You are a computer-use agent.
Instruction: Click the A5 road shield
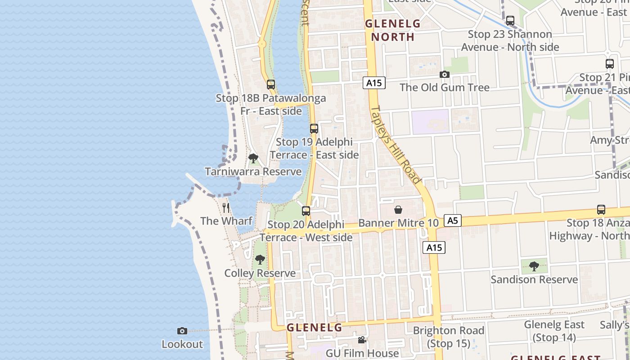tap(452, 220)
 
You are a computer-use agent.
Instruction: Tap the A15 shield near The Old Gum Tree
tap(373, 83)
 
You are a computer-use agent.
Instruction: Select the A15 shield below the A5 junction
tap(434, 247)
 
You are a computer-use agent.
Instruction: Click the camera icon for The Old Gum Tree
tap(445, 74)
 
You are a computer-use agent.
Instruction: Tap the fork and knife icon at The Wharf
tap(226, 207)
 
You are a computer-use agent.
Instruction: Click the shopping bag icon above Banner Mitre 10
tap(398, 210)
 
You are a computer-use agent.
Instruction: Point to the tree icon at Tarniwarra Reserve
tap(253, 158)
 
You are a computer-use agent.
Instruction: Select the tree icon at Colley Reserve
tap(260, 260)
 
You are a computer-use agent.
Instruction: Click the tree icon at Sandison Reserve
tap(534, 266)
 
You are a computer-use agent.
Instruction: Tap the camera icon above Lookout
tap(182, 331)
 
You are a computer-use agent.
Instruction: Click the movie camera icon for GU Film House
tap(362, 340)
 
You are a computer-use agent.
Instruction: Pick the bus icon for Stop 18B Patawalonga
tap(270, 84)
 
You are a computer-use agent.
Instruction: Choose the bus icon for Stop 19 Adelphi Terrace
tap(314, 129)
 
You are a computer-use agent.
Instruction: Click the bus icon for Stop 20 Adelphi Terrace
tap(306, 211)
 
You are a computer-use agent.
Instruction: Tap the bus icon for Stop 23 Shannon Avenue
tap(510, 21)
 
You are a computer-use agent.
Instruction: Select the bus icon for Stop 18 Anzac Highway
tap(601, 209)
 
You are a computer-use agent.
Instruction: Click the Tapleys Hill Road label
tap(396, 145)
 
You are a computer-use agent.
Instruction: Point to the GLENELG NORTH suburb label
tap(392, 30)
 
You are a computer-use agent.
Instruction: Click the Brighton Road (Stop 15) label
tap(449, 337)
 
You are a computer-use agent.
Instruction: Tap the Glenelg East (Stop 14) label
tap(554, 331)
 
